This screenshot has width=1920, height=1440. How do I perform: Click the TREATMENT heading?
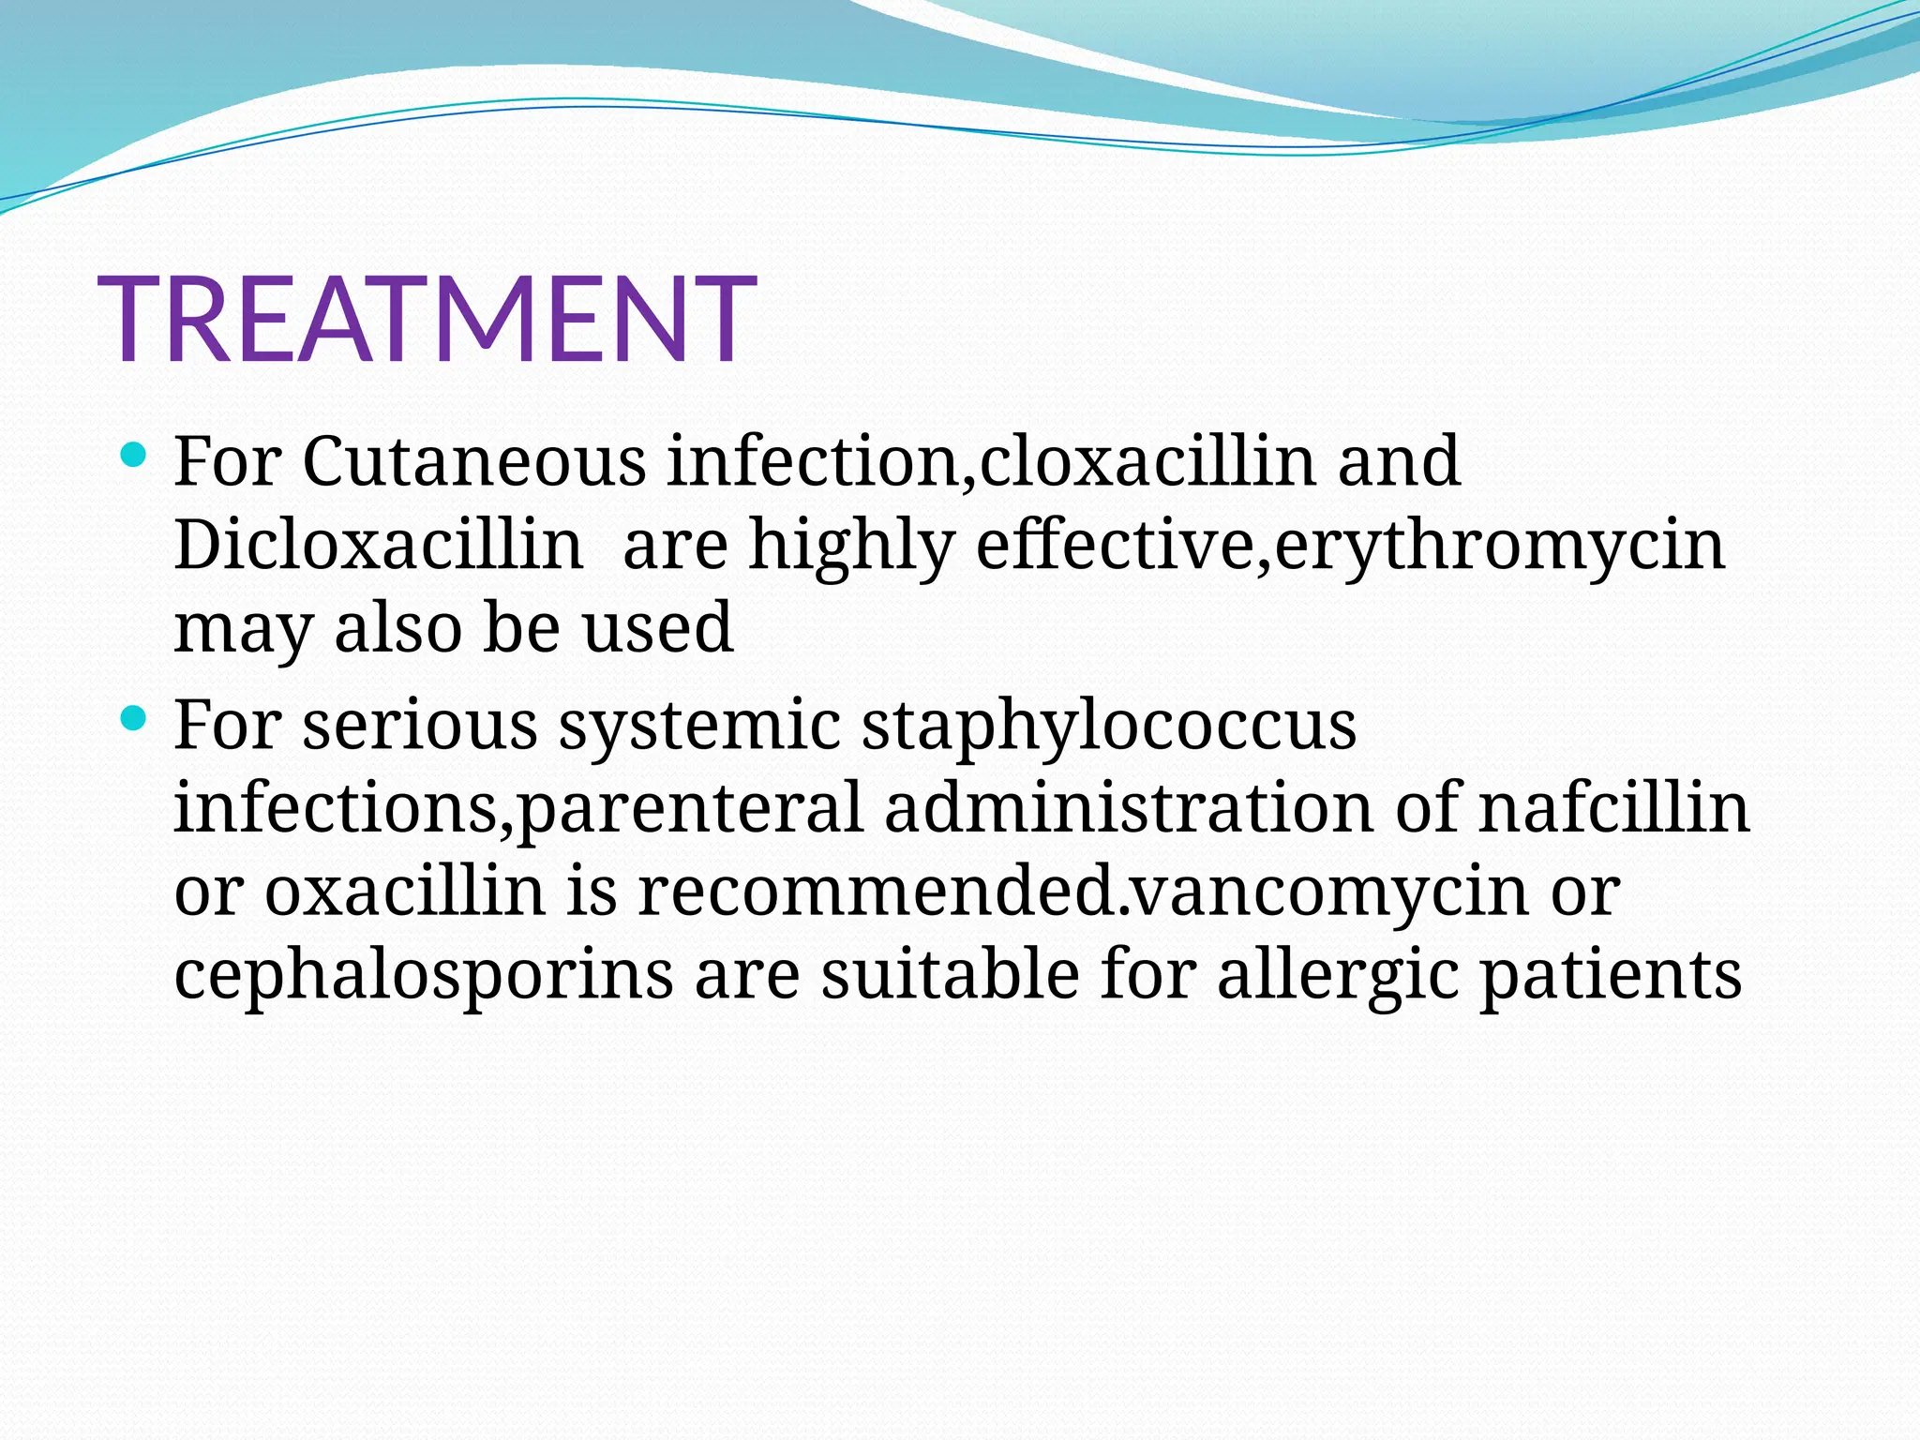coord(427,319)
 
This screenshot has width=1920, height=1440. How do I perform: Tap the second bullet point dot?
coord(134,720)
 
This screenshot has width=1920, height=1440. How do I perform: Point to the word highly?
coord(851,547)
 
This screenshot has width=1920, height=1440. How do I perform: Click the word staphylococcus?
coord(1108,727)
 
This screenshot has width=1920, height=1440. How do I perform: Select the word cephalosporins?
coord(424,976)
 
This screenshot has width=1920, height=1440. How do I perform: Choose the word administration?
coord(1129,807)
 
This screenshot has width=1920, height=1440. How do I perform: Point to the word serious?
coord(420,727)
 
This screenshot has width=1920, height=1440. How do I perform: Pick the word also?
coord(398,627)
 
